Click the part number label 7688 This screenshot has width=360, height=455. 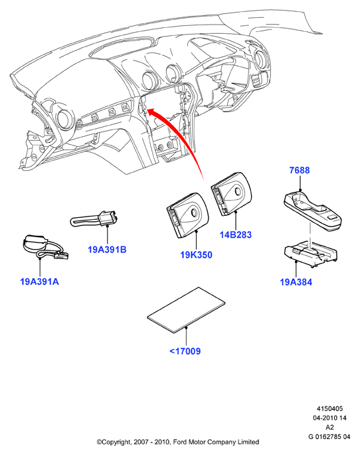(300, 170)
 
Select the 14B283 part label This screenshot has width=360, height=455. (236, 234)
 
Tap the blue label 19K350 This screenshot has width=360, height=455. (197, 255)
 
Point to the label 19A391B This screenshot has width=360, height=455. (107, 250)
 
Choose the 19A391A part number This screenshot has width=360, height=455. (39, 282)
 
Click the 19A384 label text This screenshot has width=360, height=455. (296, 282)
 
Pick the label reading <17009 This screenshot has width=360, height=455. (185, 351)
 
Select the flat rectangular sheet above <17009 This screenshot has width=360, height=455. (186, 310)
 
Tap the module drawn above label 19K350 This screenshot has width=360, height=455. (188, 215)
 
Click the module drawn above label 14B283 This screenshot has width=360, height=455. (232, 194)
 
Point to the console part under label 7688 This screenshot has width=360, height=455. (312, 211)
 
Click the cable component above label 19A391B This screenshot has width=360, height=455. (94, 219)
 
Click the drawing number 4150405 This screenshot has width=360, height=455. (329, 409)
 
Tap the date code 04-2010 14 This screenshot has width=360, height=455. (329, 418)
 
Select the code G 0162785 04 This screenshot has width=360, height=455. (329, 436)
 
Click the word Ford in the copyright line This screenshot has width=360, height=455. (180, 442)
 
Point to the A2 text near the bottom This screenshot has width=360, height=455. (329, 427)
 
